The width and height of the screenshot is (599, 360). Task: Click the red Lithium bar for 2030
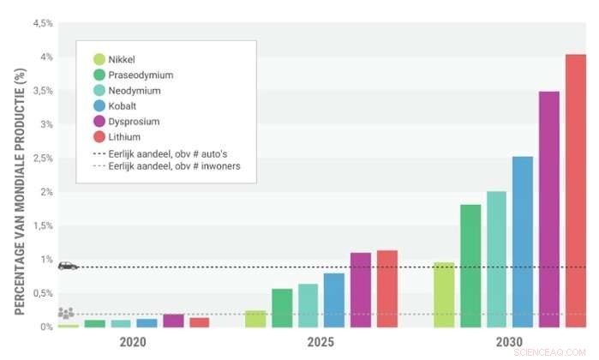(576, 190)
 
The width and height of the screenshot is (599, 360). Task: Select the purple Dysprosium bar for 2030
(549, 209)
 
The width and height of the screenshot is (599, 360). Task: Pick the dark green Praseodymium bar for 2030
(470, 266)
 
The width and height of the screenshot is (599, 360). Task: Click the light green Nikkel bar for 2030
(444, 295)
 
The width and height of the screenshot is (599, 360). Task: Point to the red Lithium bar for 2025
(387, 289)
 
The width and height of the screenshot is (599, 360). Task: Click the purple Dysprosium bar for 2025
(361, 290)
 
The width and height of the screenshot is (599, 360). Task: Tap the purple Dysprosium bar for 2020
(173, 321)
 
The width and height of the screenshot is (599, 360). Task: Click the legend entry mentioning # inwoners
(166, 166)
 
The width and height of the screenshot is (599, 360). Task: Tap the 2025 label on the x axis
(321, 341)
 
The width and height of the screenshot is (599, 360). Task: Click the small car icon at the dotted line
(68, 266)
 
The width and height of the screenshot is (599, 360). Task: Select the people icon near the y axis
(66, 314)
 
